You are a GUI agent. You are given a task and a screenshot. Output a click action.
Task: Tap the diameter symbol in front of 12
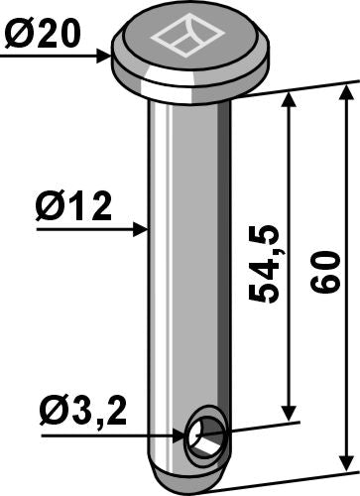pyautogui.click(x=48, y=209)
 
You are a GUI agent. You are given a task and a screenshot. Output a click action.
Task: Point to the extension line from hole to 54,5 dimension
pyautogui.click(x=263, y=426)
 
